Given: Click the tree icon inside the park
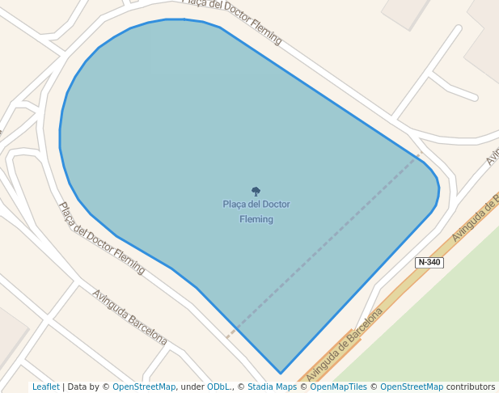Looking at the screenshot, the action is click(256, 192).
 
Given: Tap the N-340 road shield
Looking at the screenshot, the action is click(429, 262).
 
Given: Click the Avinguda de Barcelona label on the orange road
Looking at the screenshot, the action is click(344, 344).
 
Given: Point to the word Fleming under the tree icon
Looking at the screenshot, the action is click(256, 219).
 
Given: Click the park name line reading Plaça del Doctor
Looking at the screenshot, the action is click(256, 205).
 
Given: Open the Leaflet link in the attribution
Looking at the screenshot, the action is click(45, 387).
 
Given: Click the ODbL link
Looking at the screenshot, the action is click(219, 387).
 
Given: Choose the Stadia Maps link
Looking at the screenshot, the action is click(272, 387).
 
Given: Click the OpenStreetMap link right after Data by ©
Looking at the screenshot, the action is click(143, 387).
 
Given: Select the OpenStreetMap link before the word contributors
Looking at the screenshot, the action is click(411, 387).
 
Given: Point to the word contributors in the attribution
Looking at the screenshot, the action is click(471, 387).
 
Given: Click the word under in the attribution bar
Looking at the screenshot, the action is click(192, 387).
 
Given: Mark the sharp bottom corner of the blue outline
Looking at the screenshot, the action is click(281, 374).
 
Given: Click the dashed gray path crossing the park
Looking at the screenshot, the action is click(324, 243).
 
